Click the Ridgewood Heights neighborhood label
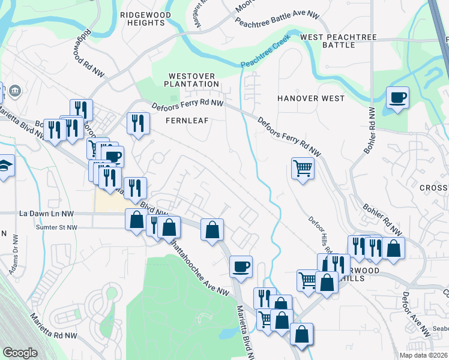(142, 18)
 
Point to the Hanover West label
(311, 98)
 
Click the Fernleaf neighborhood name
(187, 121)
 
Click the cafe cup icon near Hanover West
(397, 98)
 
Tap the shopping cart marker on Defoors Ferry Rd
(303, 168)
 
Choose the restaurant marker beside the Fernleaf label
(138, 124)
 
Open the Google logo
(20, 353)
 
